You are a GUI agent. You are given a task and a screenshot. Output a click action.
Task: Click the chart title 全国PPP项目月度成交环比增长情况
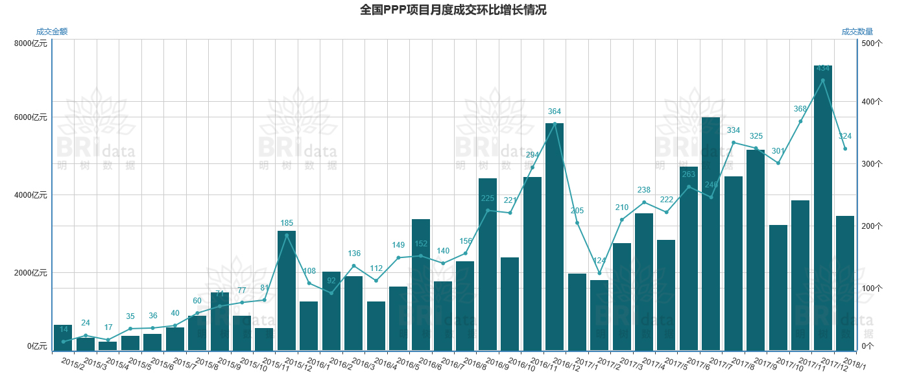(x=453, y=10)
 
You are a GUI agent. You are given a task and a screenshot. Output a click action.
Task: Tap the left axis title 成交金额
(x=52, y=32)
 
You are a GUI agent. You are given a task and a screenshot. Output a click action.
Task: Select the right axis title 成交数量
(x=857, y=32)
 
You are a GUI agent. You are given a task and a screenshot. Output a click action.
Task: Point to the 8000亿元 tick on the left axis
(x=30, y=43)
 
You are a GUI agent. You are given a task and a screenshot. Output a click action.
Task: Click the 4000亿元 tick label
(x=30, y=195)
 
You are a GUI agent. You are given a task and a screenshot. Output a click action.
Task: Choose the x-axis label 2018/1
(x=854, y=364)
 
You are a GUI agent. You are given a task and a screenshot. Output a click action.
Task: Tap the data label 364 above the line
(x=555, y=112)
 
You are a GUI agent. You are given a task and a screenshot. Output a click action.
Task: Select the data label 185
(x=287, y=223)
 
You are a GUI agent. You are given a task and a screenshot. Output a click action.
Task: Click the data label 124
(x=599, y=261)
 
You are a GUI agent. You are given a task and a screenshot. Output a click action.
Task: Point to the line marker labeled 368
(x=800, y=121)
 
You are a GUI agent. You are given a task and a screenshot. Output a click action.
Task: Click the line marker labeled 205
(x=577, y=223)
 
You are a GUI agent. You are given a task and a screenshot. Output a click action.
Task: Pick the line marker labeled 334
(x=734, y=143)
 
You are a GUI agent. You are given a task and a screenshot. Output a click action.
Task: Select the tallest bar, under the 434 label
(x=823, y=207)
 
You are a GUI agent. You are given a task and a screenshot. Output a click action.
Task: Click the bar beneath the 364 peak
(x=555, y=237)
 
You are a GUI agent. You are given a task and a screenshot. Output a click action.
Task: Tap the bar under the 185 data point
(x=287, y=290)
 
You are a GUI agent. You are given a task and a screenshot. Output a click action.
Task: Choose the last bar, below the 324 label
(x=845, y=283)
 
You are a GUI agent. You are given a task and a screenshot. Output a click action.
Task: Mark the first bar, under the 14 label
(x=63, y=338)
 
